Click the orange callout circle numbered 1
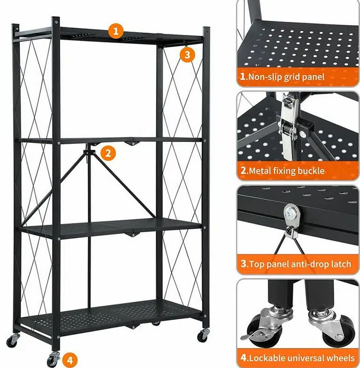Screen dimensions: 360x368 click(x=116, y=31)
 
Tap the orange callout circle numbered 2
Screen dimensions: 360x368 click(x=108, y=153)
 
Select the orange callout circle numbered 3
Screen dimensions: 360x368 click(x=187, y=55)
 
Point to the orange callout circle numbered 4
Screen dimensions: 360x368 click(x=70, y=360)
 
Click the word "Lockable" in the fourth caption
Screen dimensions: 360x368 click(x=267, y=358)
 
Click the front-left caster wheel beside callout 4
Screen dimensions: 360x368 click(x=53, y=359)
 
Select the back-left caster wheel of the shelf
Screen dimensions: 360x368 click(x=12, y=340)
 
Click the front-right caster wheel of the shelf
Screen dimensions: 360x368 click(x=203, y=335)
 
